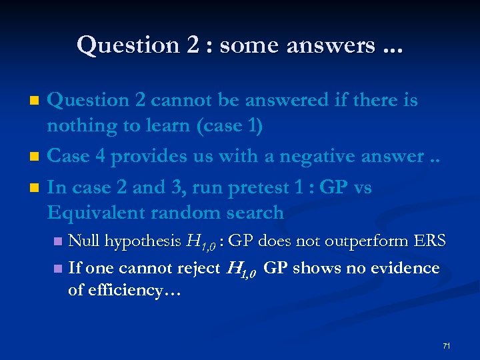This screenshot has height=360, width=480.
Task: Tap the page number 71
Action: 446,346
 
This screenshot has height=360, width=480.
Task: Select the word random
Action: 189,213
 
